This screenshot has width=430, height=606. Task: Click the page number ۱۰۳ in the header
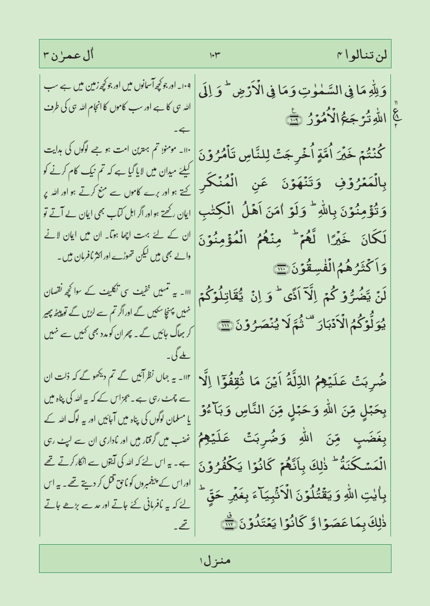point(215,55)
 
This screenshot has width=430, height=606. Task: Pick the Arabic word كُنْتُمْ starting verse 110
point(368,140)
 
